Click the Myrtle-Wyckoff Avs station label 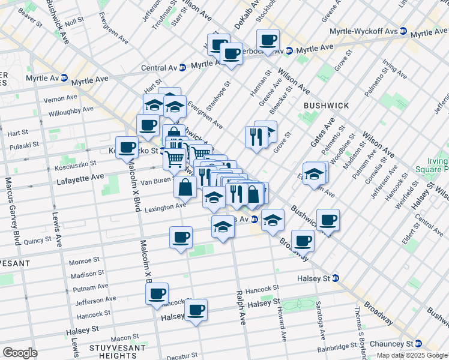point(363,31)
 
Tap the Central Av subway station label point(162,68)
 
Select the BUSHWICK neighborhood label point(326,105)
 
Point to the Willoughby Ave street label point(71,110)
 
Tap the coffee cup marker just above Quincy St point(181,236)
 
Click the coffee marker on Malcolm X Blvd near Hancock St point(157,293)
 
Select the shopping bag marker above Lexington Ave point(185,187)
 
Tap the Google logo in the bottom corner point(20,353)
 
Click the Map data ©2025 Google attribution point(411,356)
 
